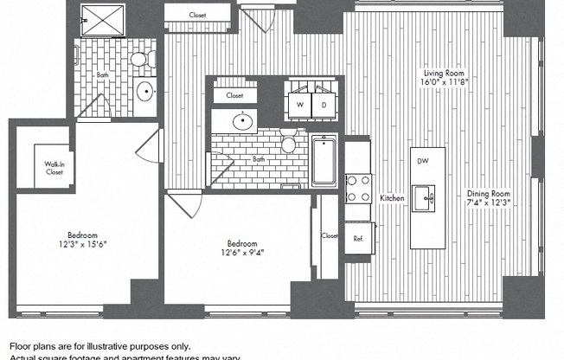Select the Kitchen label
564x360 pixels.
[x=392, y=198]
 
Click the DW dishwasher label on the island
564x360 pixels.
[x=423, y=161]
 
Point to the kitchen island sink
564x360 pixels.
[x=424, y=196]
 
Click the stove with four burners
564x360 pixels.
[x=358, y=190]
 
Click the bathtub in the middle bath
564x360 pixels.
[x=324, y=160]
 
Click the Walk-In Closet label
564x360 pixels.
[x=54, y=168]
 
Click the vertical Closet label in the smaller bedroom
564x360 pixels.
[x=329, y=235]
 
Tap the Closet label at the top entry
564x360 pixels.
[x=198, y=15]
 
